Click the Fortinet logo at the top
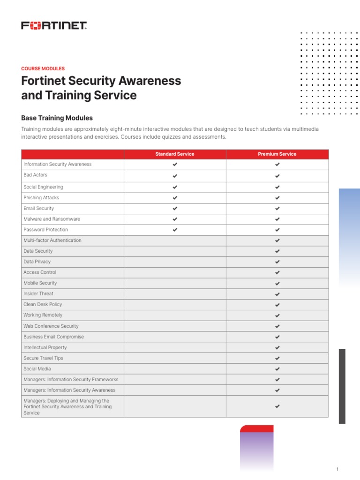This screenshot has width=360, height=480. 54,25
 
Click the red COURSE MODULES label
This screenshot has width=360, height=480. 43,68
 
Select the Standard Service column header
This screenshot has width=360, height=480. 175,154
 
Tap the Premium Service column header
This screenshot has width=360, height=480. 277,154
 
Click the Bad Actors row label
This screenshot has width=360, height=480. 36,175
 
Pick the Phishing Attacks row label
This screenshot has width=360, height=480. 41,198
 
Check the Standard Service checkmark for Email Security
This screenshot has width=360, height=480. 175,209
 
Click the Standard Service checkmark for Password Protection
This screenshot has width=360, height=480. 175,230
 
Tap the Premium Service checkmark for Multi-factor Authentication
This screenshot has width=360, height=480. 277,241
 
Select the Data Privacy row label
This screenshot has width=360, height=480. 37,262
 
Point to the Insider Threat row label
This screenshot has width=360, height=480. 38,294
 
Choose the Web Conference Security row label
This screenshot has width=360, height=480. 51,326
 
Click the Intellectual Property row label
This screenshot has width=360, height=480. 45,348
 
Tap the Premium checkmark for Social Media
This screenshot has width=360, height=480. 277,369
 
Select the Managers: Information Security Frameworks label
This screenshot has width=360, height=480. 71,380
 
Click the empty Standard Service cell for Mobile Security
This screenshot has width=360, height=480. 175,284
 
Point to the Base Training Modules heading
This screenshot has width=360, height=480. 57,118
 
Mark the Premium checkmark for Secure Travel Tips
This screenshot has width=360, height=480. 277,359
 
